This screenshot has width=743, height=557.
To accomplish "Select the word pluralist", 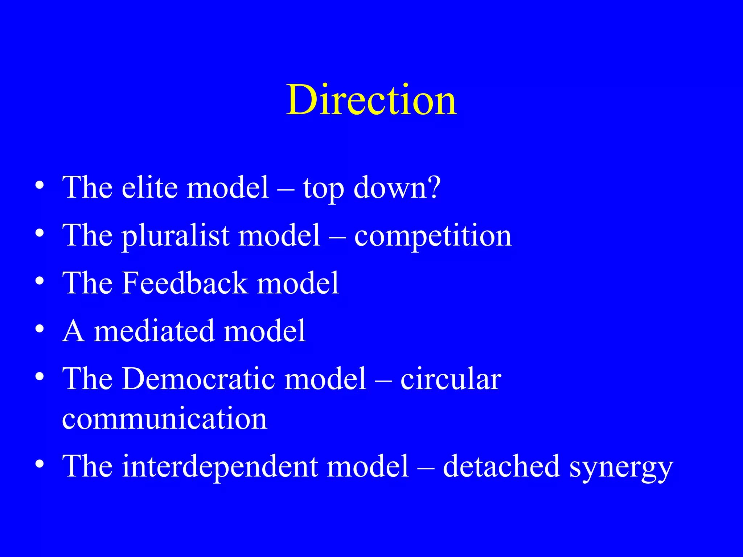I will click(175, 236).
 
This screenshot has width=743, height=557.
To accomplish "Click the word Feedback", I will click(185, 283).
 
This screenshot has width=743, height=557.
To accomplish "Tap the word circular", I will click(451, 379).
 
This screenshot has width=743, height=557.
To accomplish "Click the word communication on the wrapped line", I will click(164, 419).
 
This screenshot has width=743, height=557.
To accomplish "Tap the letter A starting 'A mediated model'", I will click(74, 331).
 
